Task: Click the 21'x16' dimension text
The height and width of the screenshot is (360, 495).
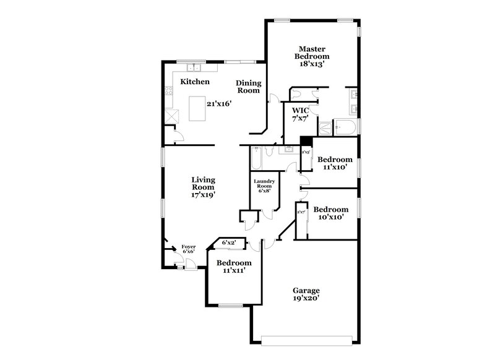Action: click(219, 103)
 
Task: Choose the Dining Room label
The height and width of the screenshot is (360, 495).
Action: click(249, 87)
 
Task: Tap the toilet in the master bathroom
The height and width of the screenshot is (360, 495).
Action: click(296, 95)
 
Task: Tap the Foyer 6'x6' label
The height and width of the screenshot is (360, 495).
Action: click(188, 249)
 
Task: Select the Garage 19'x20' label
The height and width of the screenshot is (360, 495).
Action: click(306, 294)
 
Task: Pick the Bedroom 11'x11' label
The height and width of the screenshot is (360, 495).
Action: click(233, 267)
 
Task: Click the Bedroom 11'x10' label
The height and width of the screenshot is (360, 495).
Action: click(335, 163)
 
